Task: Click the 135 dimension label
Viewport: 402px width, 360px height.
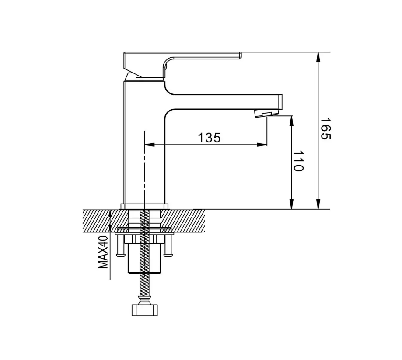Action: click(209, 138)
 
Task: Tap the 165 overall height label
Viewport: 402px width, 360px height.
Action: click(326, 128)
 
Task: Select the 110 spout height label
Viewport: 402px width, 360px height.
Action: click(298, 161)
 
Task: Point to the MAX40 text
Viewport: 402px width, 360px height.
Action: click(103, 253)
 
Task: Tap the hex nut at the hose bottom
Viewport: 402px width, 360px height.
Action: click(145, 310)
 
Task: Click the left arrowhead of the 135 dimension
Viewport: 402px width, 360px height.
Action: click(150, 145)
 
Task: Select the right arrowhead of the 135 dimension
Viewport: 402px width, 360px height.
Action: click(262, 145)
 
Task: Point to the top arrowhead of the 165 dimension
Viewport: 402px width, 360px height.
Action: click(318, 57)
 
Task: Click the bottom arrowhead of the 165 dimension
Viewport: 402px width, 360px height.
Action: click(318, 204)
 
